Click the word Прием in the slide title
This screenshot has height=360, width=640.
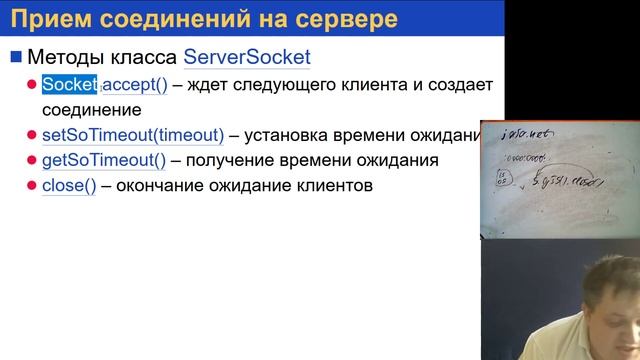pyautogui.click(x=52, y=18)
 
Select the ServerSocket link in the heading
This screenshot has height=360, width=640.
pyautogui.click(x=247, y=57)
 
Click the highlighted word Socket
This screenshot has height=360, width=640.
pyautogui.click(x=70, y=85)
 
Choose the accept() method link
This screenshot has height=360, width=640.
pyautogui.click(x=135, y=85)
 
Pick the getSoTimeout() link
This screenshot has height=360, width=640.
pyautogui.click(x=103, y=160)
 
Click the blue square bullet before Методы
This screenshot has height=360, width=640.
pyautogui.click(x=15, y=57)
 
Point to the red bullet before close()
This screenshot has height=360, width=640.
pyautogui.click(x=32, y=185)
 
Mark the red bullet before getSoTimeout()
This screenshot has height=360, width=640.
pyautogui.click(x=32, y=160)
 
